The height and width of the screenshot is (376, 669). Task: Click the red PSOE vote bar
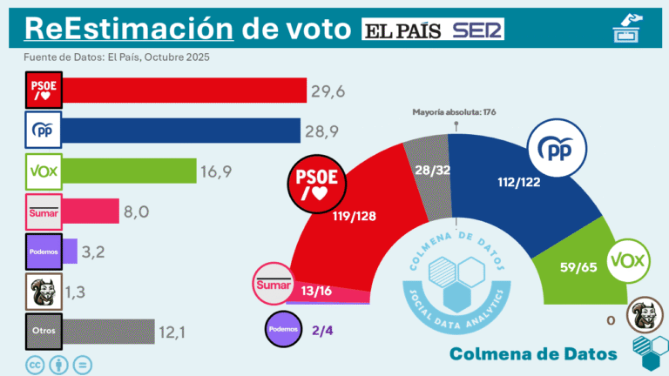(x=183, y=91)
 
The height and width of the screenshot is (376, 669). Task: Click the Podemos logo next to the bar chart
(x=41, y=251)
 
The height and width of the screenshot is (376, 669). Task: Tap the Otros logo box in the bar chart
(x=41, y=331)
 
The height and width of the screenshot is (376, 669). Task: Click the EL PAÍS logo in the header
(x=403, y=30)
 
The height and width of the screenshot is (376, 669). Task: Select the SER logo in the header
(x=477, y=30)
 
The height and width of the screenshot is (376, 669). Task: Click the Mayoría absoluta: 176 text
(x=453, y=111)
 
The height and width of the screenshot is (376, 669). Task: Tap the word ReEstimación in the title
(x=129, y=28)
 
